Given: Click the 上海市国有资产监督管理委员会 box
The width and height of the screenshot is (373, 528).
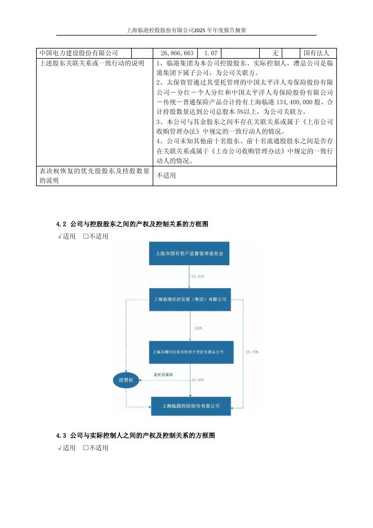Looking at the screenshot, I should click(190, 254).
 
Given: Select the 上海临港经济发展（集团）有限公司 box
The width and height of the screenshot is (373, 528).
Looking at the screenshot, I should click(190, 299).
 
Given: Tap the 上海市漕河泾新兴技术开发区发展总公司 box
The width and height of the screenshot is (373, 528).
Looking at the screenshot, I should click(190, 351).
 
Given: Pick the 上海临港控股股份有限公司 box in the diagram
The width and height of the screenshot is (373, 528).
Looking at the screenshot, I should click(191, 406).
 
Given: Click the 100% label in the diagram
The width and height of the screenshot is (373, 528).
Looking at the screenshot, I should click(198, 328).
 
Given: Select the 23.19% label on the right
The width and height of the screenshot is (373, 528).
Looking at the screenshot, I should click(252, 352).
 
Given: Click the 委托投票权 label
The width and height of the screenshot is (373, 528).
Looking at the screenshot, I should click(163, 375).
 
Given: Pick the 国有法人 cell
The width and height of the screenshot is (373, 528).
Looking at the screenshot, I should click(318, 52).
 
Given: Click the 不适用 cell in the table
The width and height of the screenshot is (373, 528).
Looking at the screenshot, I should click(166, 176).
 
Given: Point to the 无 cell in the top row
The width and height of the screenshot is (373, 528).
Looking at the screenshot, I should click(275, 52).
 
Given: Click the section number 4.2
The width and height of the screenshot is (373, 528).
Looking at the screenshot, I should click(61, 225).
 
